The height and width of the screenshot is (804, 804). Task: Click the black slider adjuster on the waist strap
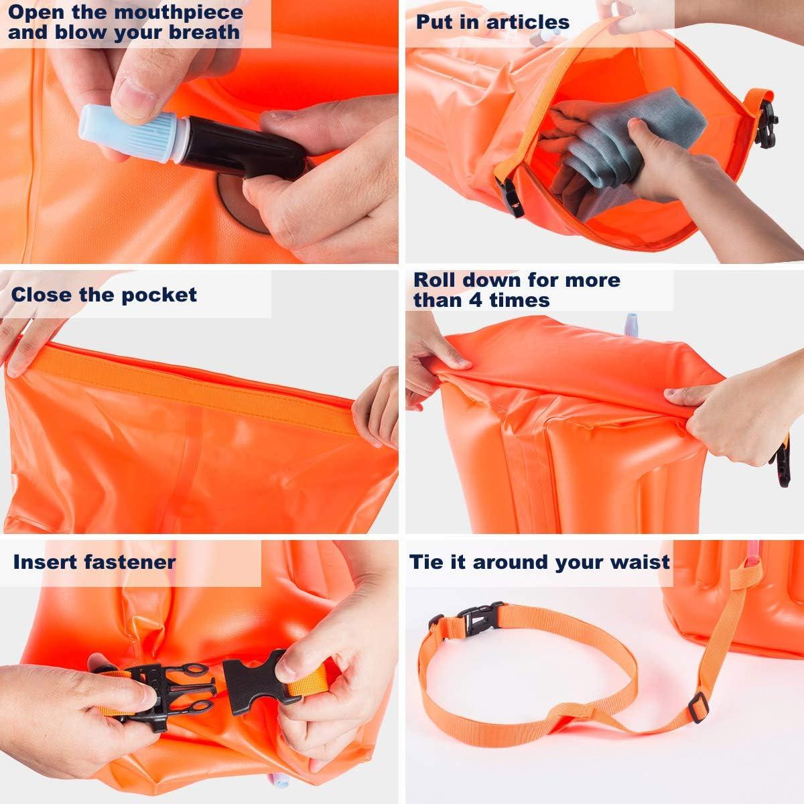click(x=698, y=707)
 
